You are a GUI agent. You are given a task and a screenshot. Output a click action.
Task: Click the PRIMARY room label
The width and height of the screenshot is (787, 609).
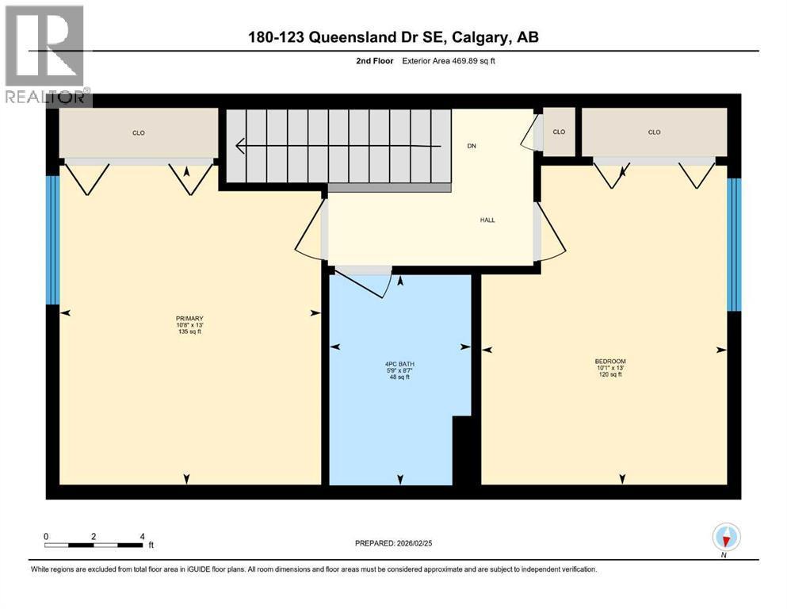189,318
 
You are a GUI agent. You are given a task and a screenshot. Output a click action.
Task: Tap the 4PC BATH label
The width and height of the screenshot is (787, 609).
399,364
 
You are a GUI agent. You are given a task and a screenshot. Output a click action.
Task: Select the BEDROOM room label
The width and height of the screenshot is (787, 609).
610,361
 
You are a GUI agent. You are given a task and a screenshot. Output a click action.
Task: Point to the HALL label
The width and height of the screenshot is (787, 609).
487,220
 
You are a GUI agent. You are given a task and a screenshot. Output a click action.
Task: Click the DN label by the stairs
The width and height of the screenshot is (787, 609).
472,146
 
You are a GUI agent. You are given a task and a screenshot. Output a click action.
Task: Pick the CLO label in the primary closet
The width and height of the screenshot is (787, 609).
139,133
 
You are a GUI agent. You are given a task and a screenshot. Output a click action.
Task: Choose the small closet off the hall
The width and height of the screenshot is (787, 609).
559,132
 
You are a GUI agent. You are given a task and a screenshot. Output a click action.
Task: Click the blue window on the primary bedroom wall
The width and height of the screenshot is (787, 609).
52,240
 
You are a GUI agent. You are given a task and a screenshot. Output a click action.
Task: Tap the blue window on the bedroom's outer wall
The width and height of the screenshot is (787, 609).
734,244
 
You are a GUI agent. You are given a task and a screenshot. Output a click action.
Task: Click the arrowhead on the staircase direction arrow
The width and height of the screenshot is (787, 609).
240,146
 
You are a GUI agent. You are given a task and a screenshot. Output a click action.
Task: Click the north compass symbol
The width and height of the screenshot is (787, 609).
726,538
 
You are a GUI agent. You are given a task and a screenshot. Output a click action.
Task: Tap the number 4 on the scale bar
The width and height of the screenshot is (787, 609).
143,536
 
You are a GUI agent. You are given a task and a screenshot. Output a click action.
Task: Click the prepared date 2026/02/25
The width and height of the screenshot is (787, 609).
414,543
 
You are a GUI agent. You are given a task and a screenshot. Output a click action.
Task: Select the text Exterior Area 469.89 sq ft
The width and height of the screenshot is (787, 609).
449,61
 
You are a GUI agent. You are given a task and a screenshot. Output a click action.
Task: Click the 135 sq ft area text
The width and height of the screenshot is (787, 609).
189,331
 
